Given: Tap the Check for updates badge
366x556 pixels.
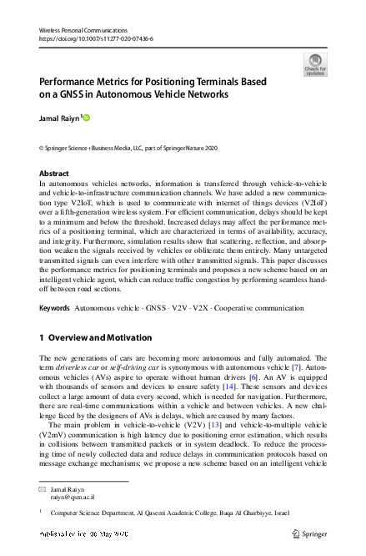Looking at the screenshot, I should [315, 63].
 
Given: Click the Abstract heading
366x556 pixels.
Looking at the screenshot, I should [54, 173].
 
